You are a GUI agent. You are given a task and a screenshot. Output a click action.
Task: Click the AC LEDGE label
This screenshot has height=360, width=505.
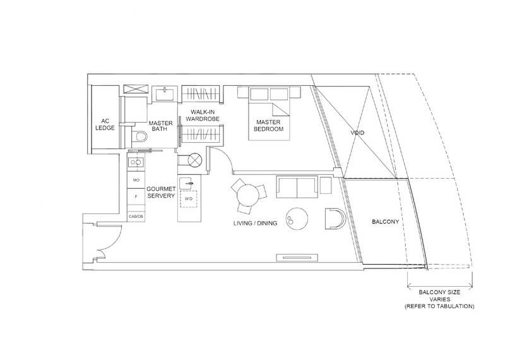pyautogui.click(x=105, y=124)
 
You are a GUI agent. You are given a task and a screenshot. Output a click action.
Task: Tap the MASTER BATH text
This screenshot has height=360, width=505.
pyautogui.click(x=160, y=126)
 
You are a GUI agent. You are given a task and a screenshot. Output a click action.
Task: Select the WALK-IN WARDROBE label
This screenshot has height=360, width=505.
pyautogui.click(x=202, y=116)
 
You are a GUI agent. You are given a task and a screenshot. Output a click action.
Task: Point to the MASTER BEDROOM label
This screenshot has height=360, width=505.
pyautogui.click(x=268, y=126)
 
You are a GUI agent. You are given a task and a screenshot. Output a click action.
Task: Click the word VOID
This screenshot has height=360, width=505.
pyautogui.click(x=357, y=133)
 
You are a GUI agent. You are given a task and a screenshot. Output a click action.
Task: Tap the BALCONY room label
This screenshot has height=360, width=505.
pyautogui.click(x=385, y=222)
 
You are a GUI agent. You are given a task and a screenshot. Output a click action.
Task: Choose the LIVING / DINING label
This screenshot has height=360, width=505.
pyautogui.click(x=255, y=224)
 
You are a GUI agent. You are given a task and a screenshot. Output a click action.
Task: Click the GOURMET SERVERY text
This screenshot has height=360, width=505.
pyautogui.click(x=161, y=193)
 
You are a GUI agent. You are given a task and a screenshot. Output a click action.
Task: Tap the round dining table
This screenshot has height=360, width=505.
pyautogui.click(x=247, y=195)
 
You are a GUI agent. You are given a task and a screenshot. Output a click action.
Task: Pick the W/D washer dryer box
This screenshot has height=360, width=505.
pyautogui.click(x=189, y=199)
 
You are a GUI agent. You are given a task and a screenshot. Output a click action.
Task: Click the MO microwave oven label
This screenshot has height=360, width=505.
pyautogui.click(x=136, y=180)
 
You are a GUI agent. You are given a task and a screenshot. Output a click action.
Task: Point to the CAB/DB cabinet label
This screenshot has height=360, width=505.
pyautogui.click(x=136, y=216)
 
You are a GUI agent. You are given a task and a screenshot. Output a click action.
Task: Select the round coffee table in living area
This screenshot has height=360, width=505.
pyautogui.click(x=297, y=218)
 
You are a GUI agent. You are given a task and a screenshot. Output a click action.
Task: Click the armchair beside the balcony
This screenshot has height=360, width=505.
pyautogui.click(x=335, y=219)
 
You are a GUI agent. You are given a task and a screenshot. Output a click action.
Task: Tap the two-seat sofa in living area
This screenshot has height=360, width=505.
pyautogui.click(x=297, y=187)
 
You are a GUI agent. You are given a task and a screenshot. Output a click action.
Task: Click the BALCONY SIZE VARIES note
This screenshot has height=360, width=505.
pyautogui.click(x=439, y=299)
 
